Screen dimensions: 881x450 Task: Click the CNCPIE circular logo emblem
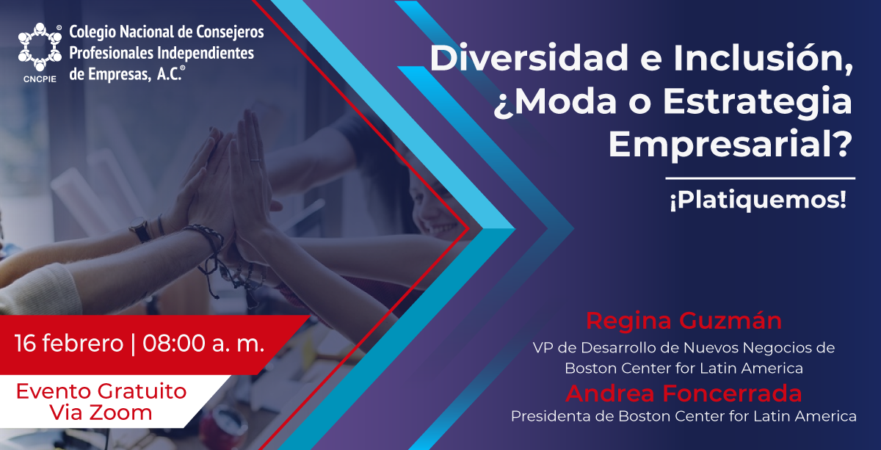pos(40,47)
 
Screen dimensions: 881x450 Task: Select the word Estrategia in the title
pos(758,102)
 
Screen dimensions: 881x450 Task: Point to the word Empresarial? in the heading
pos(730,145)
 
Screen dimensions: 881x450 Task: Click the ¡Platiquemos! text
pos(758,200)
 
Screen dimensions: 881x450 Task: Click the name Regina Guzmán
pos(684,321)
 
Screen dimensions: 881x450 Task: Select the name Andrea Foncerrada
pos(684,393)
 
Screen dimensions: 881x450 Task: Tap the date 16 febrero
pos(69,343)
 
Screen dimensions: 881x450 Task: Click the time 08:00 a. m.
pos(203,343)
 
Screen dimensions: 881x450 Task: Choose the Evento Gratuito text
pos(101,391)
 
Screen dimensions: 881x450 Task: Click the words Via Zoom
pos(101,413)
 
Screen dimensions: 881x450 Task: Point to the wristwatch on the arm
pos(140,230)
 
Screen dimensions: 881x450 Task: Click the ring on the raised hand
pos(255,161)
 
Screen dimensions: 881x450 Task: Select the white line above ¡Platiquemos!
pos(761,178)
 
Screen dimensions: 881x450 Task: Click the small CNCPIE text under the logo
pos(40,79)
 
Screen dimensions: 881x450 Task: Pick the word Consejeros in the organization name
pos(230,32)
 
